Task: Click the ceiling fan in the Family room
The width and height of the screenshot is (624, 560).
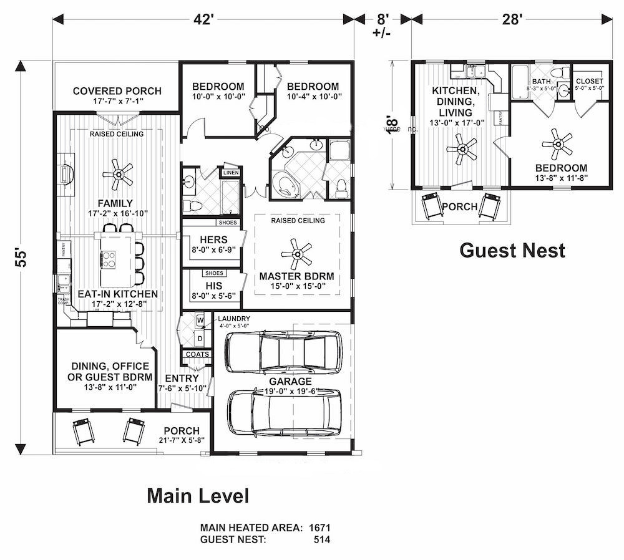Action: (117, 174)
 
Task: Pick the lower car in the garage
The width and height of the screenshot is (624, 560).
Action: (285, 412)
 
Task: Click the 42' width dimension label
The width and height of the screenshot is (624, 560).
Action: (203, 19)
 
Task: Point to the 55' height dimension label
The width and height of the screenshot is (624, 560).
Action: (22, 258)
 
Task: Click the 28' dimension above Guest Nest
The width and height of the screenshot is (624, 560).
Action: (512, 19)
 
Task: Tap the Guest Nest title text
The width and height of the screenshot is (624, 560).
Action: (512, 250)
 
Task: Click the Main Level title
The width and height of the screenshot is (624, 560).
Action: (198, 496)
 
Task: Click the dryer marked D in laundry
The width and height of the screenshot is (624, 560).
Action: (200, 338)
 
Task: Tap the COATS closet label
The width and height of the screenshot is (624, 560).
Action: (196, 354)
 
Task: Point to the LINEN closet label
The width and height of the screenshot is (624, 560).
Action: (231, 172)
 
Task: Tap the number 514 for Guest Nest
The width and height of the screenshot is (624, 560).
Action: (322, 539)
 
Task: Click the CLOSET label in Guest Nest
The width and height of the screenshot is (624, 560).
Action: (589, 81)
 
